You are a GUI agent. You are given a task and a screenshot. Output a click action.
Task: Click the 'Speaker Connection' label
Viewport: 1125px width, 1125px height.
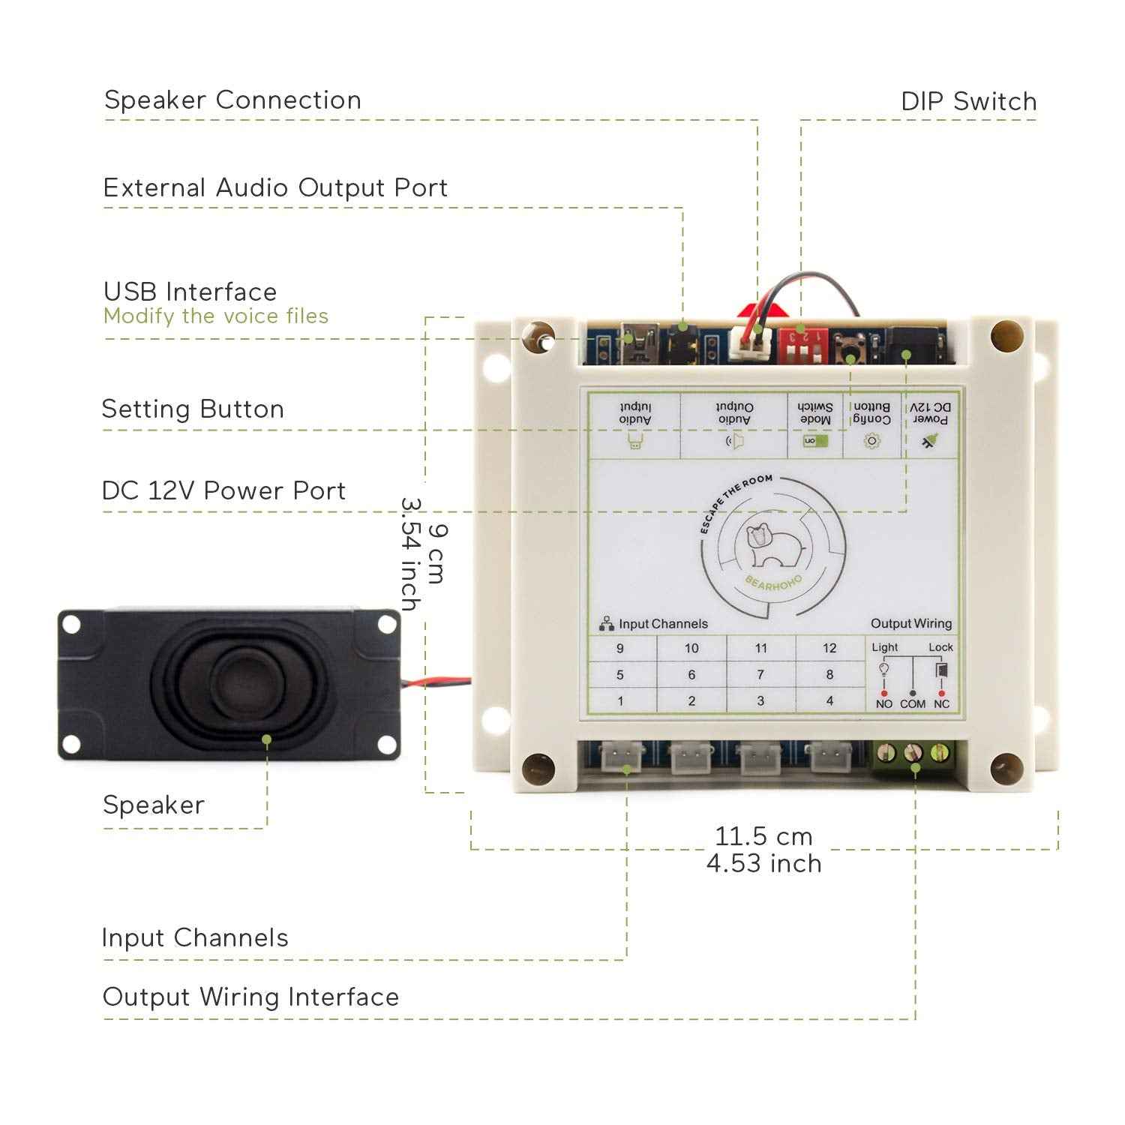pyautogui.click(x=232, y=100)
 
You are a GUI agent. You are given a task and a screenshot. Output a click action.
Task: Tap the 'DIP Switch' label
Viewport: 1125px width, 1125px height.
pyautogui.click(x=968, y=102)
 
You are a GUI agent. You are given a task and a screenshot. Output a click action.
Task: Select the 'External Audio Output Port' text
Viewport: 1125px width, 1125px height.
pyautogui.click(x=275, y=187)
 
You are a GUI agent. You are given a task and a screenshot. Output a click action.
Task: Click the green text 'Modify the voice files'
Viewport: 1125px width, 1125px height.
pyautogui.click(x=216, y=316)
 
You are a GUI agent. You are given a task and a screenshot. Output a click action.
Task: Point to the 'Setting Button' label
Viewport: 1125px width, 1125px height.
pyautogui.click(x=193, y=409)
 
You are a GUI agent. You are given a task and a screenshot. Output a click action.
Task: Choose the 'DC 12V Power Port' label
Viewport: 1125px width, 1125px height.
pyautogui.click(x=223, y=491)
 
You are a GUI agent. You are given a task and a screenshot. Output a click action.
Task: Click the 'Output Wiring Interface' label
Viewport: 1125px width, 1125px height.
pyautogui.click(x=250, y=997)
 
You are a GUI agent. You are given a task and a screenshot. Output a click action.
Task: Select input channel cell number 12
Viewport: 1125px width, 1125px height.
pyautogui.click(x=829, y=648)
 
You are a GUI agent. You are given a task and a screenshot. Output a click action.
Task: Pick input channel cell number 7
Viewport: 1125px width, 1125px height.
pyautogui.click(x=760, y=675)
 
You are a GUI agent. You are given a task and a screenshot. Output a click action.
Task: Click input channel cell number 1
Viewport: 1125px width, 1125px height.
pyautogui.click(x=620, y=701)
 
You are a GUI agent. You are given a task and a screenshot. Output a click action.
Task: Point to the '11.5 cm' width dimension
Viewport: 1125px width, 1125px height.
pyautogui.click(x=763, y=836)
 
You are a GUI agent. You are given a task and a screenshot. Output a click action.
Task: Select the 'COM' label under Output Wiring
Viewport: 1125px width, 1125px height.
pyautogui.click(x=912, y=704)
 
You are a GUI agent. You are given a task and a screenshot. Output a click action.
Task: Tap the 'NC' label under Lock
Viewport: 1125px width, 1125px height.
pyautogui.click(x=941, y=704)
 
